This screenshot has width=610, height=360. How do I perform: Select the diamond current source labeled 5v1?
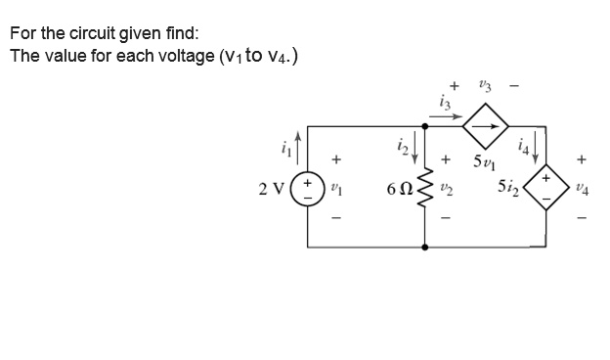point(487,125)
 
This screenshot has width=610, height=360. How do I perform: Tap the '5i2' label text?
point(510,186)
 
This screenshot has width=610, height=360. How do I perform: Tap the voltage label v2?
point(447,186)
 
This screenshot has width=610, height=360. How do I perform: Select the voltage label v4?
point(584,186)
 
